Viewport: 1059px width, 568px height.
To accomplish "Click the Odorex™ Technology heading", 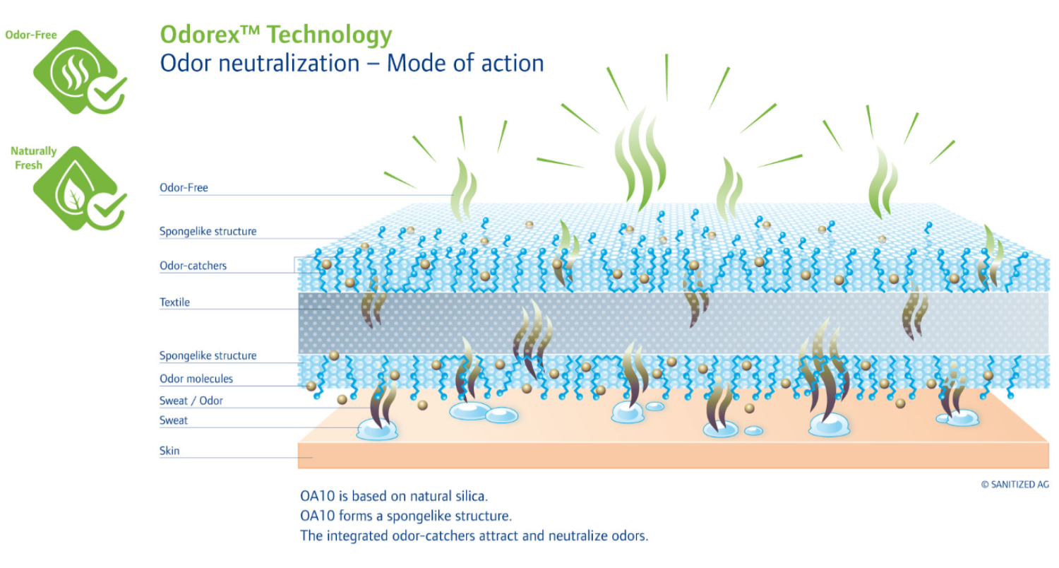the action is point(276,35).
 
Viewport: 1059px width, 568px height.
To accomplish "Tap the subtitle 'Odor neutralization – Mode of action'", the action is point(352,64).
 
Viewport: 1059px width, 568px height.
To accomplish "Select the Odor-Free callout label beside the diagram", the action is point(184,188).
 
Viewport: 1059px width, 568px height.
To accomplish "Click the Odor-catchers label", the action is point(193,266).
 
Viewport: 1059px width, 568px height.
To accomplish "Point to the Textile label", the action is point(174,302).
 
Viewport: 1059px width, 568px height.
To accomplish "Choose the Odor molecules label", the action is point(196,379).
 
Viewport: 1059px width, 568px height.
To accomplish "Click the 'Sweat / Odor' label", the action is point(191,401).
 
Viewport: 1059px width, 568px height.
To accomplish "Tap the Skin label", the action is point(169,451).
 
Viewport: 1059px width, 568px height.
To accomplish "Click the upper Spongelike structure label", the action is point(208,232).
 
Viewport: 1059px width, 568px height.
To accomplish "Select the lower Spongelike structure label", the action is point(208,355).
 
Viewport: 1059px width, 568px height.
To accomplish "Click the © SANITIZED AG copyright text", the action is point(1015,485).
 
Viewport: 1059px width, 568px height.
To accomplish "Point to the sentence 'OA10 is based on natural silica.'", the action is point(394,496).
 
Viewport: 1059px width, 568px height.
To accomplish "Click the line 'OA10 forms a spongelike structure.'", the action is point(406,516).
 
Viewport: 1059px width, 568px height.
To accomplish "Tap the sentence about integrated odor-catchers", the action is point(474,536).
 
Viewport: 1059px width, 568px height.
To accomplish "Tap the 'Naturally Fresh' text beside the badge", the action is point(32,158).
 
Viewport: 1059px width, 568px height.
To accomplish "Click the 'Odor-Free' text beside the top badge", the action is point(31,35).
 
